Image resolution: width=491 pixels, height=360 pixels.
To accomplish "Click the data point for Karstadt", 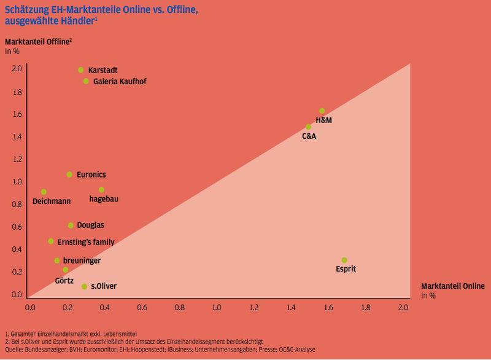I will [x=80, y=70].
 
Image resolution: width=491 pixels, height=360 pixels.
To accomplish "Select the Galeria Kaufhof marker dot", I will [x=86, y=81].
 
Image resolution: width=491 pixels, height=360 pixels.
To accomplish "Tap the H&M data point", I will [x=322, y=111].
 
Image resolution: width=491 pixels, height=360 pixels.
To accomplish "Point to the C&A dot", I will [x=308, y=127].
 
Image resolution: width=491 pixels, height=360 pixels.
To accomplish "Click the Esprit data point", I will [x=344, y=260].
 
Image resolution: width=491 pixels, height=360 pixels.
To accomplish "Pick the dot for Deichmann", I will [x=44, y=192].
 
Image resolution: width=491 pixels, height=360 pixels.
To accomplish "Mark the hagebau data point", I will [x=101, y=189].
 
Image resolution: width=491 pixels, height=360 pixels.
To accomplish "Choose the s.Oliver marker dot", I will [x=84, y=286].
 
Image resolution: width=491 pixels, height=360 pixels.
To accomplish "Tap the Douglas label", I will [x=90, y=225].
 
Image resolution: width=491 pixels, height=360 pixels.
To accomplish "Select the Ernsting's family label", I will [x=90, y=242].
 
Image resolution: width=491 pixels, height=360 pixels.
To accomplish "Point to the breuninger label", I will [x=82, y=261].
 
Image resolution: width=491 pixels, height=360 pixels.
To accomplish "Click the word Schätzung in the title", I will [x=26, y=8].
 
